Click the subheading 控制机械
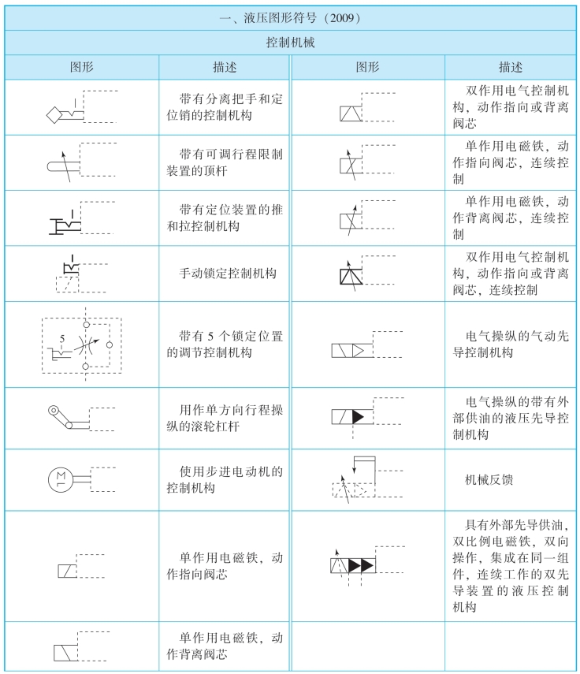(x=289, y=42)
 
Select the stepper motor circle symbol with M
(x=60, y=478)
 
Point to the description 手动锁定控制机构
(x=225, y=274)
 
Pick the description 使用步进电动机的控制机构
(x=225, y=479)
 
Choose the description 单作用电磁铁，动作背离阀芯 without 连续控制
(x=225, y=645)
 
